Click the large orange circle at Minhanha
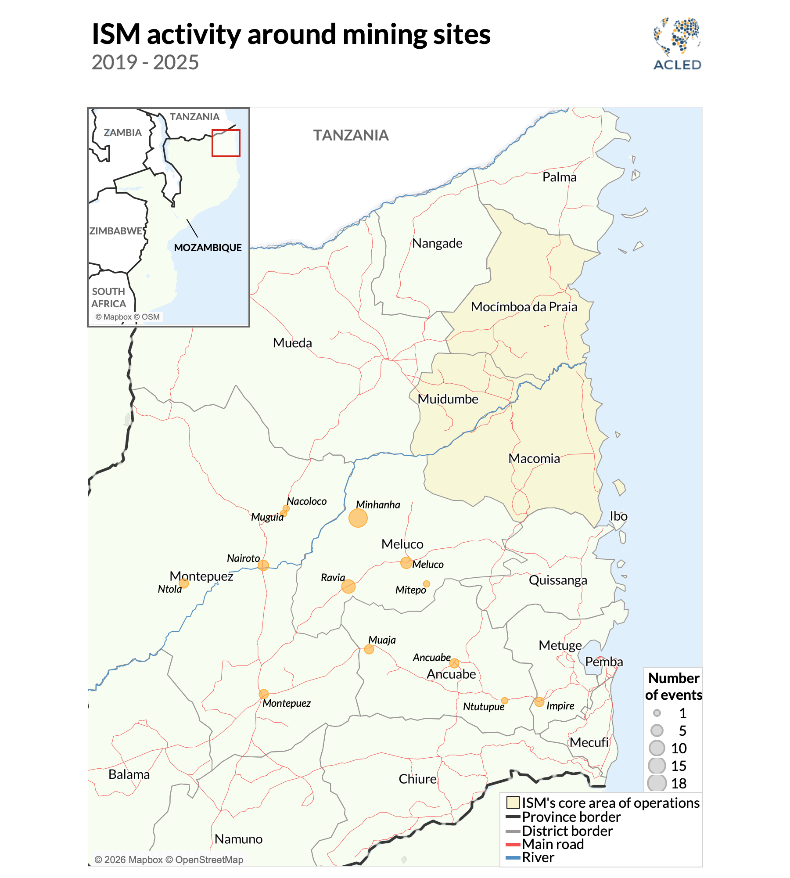tap(358, 518)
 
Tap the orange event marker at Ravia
tap(348, 586)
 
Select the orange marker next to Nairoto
tap(263, 565)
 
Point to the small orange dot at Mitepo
tap(426, 584)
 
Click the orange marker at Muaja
tap(369, 649)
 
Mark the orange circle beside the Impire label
tap(539, 702)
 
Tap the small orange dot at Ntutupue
tap(505, 701)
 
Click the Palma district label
tap(559, 177)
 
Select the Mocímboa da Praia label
tap(524, 306)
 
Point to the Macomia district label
tap(534, 458)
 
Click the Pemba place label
tap(604, 662)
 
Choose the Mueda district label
tap(292, 342)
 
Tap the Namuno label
tap(238, 839)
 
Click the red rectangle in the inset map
tap(226, 143)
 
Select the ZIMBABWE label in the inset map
tap(116, 231)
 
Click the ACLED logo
tap(677, 44)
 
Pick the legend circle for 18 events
tap(657, 783)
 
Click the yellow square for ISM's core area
tap(513, 802)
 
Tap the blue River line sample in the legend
tap(512, 857)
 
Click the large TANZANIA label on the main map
tap(351, 135)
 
